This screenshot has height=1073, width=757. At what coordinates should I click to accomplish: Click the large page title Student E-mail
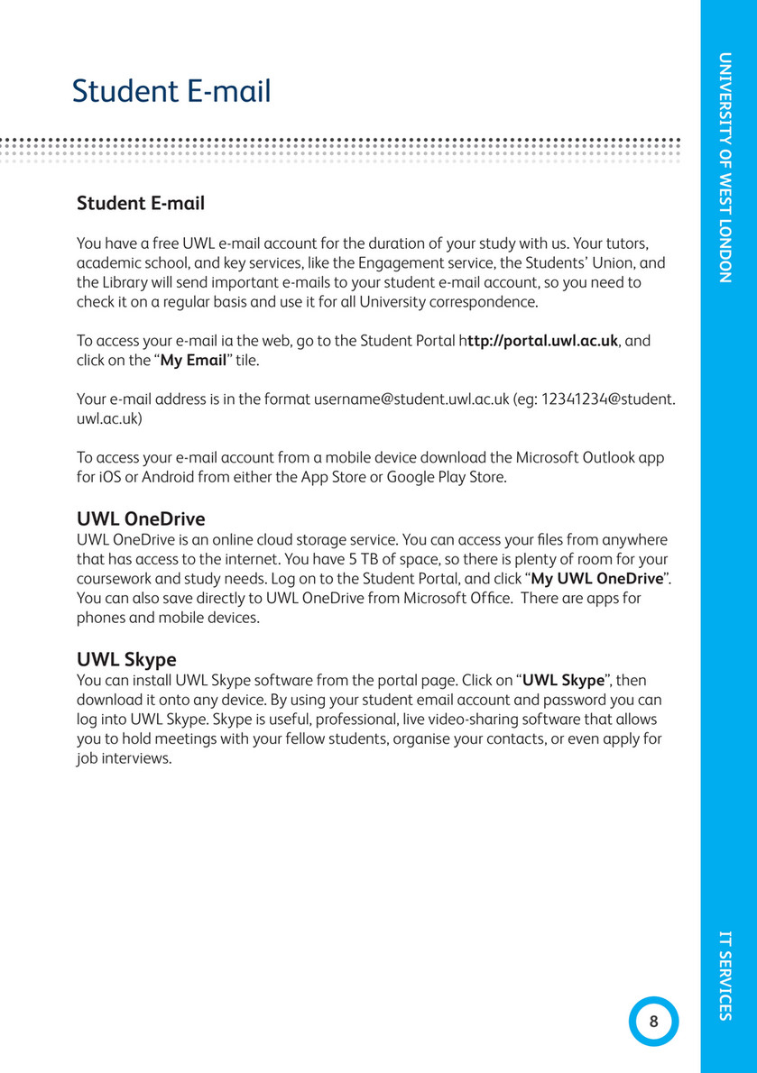click(x=171, y=91)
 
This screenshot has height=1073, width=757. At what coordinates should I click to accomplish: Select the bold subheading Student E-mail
click(x=141, y=204)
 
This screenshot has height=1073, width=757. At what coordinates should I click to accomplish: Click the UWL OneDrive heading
click(x=141, y=519)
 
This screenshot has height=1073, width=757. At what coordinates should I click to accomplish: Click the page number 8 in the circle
click(x=653, y=1022)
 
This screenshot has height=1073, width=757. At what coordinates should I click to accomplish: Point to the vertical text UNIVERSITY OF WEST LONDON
click(x=725, y=168)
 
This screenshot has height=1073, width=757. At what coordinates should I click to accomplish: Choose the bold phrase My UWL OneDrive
click(x=597, y=578)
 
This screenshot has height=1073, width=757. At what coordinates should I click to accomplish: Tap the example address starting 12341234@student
click(x=606, y=399)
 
